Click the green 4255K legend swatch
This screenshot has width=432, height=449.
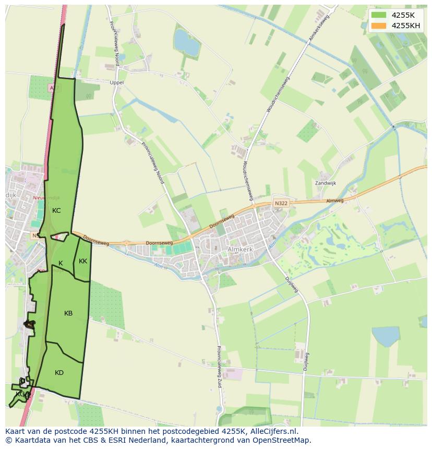pyautogui.click(x=379, y=15)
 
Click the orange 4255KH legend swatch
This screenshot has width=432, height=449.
pyautogui.click(x=379, y=26)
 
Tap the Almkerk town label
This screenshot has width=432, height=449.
pyautogui.click(x=241, y=250)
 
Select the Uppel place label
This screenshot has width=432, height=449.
pyautogui.click(x=116, y=82)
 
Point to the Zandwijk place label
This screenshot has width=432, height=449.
pyautogui.click(x=326, y=183)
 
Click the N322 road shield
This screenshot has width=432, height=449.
pyautogui.click(x=281, y=203)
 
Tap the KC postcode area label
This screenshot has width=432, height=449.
pyautogui.click(x=56, y=211)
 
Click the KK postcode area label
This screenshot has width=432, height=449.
pyautogui.click(x=83, y=261)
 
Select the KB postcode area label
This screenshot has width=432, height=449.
pyautogui.click(x=68, y=313)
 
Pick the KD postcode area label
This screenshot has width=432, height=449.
pyautogui.click(x=59, y=373)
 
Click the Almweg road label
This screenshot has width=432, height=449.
pyautogui.click(x=335, y=201)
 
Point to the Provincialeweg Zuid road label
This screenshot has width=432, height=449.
pyautogui.click(x=220, y=365)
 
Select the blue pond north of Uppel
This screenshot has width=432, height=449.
pyautogui.click(x=186, y=43)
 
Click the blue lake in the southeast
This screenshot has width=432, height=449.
pyautogui.click(x=386, y=336)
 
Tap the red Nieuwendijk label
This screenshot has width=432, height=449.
pyautogui.click(x=46, y=198)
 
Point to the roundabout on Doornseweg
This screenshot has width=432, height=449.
pyautogui.click(x=126, y=243)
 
